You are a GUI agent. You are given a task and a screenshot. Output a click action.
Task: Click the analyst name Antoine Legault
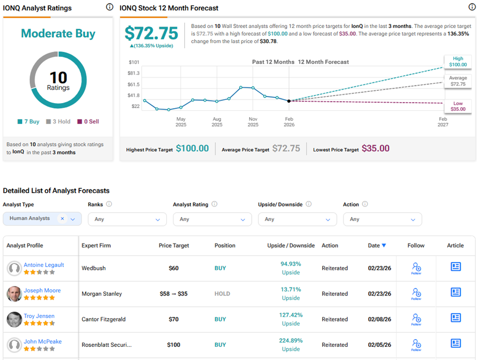(44, 265)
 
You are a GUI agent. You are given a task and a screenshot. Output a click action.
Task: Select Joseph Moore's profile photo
(14, 293)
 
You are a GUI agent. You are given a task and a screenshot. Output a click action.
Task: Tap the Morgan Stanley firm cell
(101, 293)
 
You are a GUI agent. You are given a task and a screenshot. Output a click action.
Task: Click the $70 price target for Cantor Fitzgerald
(174, 319)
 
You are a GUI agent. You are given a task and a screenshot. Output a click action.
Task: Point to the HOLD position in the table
(222, 293)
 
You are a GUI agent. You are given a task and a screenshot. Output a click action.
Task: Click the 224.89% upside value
(290, 341)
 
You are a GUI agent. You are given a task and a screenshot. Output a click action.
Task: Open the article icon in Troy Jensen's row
(455, 318)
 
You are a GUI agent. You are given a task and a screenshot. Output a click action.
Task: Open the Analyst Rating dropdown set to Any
(212, 219)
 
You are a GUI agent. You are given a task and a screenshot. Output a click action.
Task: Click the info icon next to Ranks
(109, 205)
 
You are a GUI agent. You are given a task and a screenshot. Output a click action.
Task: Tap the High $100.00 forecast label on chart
(457, 62)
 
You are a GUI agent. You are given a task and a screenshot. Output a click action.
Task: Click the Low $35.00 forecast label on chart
(457, 106)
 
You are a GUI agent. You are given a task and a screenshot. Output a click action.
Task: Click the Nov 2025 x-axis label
(253, 122)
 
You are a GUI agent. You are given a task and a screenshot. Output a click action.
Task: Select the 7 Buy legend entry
(28, 122)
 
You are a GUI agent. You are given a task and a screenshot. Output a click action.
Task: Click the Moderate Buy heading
(58, 34)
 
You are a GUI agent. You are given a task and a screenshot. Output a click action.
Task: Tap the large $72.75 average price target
(151, 34)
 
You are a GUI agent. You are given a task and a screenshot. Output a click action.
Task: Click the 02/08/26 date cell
(380, 319)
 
